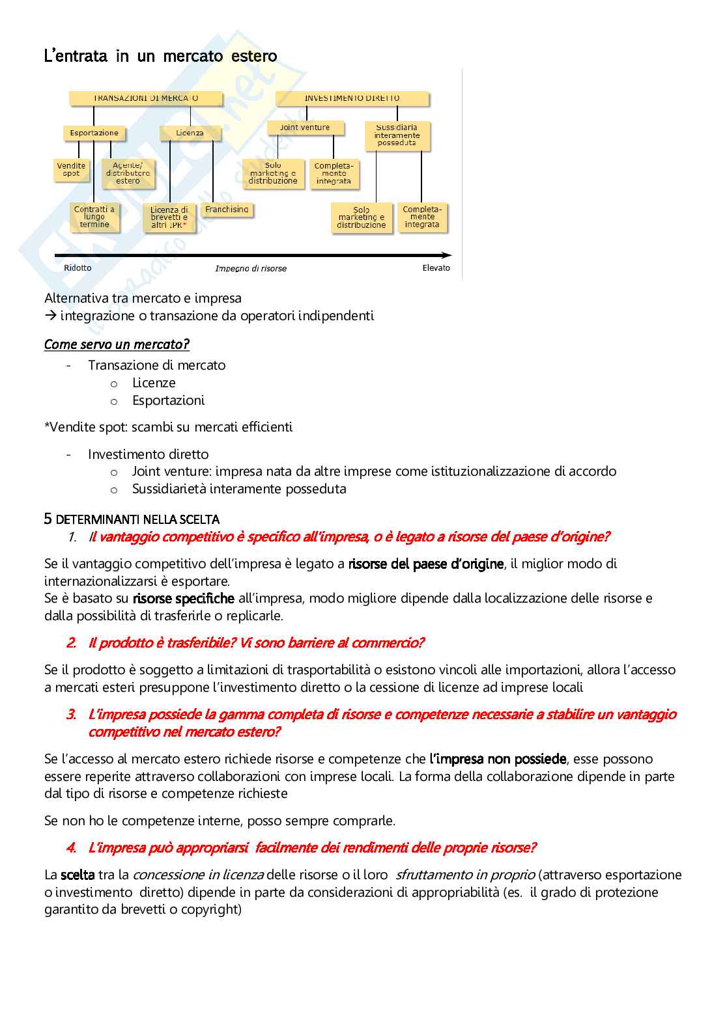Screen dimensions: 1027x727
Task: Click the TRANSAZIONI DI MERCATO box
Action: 146,98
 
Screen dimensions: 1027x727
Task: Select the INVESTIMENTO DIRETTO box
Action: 352,98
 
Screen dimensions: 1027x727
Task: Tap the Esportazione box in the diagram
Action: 94,133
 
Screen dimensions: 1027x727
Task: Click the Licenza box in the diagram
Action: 190,133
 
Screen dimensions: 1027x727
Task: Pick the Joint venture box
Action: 305,128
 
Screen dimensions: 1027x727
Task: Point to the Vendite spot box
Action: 71,169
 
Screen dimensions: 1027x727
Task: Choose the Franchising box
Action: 227,210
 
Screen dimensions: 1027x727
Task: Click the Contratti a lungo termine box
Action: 94,217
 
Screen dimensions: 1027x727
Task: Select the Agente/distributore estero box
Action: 128,173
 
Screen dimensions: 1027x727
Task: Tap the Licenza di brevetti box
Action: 169,217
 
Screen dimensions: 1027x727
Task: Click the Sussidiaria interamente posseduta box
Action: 397,135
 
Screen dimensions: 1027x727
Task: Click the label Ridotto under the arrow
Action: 78,268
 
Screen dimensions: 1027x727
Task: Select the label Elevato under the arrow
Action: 436,268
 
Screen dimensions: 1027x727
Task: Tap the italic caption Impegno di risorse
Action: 251,269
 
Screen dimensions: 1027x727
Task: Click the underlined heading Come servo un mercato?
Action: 117,344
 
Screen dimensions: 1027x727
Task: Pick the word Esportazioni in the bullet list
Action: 168,400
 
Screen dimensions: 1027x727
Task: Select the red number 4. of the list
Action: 71,847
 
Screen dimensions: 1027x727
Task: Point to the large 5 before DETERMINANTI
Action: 48,519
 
